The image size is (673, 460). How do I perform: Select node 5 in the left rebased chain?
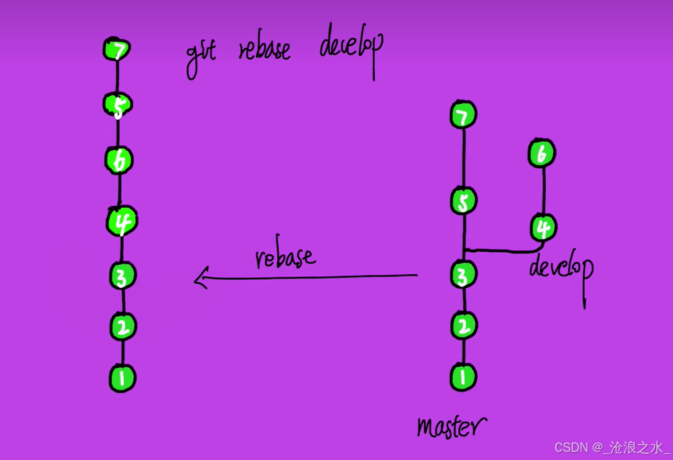point(118,105)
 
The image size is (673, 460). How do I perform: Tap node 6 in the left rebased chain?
point(119,160)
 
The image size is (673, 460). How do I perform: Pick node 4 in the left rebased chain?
point(122,221)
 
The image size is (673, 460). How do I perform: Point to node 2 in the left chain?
point(124,327)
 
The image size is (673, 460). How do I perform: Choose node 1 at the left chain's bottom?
point(122,377)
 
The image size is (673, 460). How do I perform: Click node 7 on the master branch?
point(463,116)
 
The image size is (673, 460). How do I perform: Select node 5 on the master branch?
point(463,200)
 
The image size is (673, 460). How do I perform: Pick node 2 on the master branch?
point(463,326)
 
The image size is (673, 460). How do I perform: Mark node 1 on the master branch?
point(463,377)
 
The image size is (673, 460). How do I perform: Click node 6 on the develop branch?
point(542,153)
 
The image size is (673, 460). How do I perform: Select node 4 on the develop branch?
point(542,228)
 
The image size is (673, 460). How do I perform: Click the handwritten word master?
point(450,426)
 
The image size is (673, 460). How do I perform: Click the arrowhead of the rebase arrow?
point(199,278)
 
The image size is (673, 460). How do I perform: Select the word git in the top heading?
point(201,56)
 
